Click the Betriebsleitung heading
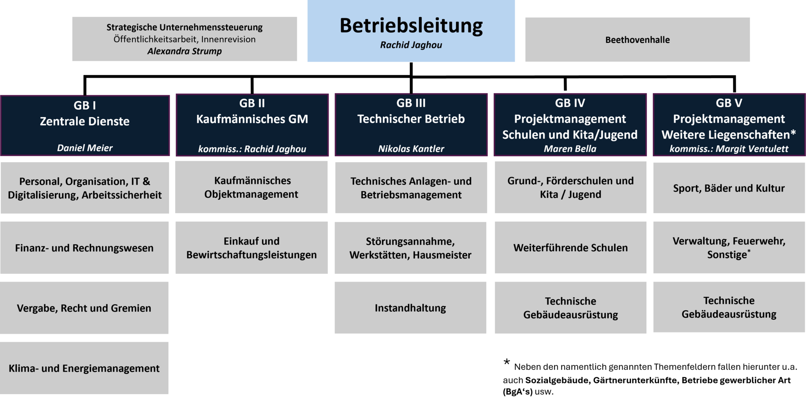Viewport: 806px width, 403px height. pos(411,26)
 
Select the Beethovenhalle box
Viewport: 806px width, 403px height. pos(637,39)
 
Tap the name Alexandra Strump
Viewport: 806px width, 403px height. pos(184,51)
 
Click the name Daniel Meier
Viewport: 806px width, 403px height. pos(85,148)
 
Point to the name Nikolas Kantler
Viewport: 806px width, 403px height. pos(411,149)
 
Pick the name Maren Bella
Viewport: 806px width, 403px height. pos(570,149)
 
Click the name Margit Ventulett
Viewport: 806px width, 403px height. pos(752,149)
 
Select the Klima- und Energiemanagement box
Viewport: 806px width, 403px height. pos(84,368)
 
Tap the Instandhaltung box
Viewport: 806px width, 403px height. pos(411,308)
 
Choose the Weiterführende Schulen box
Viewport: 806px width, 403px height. pos(570,248)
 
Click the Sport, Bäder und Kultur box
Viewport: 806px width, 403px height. pos(729,188)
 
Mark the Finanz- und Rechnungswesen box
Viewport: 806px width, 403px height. pos(84,248)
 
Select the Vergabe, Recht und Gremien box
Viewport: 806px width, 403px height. pos(84,308)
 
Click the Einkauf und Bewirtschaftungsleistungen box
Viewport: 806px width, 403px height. pos(251,248)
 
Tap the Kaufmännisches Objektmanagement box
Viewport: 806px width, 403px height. pos(251,187)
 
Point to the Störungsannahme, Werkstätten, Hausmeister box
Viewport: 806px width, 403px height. pos(411,248)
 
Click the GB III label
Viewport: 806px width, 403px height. pos(411,103)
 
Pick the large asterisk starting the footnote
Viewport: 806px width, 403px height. pos(507,362)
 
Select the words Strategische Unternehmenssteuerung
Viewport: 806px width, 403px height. pos(184,27)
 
